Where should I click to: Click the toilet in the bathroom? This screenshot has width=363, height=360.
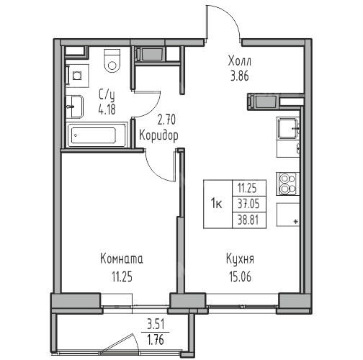click(x=112, y=61)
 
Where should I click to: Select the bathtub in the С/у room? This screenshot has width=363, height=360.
click(x=97, y=135)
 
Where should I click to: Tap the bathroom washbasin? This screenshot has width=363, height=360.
click(x=75, y=107)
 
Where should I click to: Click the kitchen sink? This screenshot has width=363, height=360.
click(x=288, y=128)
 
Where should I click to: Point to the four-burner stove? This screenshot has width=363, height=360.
click(x=287, y=184)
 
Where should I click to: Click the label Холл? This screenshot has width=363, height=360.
click(x=240, y=60)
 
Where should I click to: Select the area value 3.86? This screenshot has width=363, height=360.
click(x=240, y=76)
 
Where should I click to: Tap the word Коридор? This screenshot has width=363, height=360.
click(x=158, y=135)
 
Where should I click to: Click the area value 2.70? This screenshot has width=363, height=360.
click(x=166, y=120)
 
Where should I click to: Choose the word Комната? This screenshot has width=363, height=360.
click(x=122, y=259)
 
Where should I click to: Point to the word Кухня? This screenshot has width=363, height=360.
click(x=240, y=259)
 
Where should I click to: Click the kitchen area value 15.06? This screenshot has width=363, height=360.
click(x=240, y=276)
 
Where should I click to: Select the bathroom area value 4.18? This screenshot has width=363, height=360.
click(x=107, y=109)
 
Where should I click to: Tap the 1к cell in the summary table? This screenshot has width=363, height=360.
click(x=218, y=204)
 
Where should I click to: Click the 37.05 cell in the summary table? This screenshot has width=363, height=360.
click(x=249, y=204)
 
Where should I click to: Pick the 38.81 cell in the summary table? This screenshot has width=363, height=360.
click(x=249, y=220)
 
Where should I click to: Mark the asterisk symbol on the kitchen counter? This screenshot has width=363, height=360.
click(x=296, y=222)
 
